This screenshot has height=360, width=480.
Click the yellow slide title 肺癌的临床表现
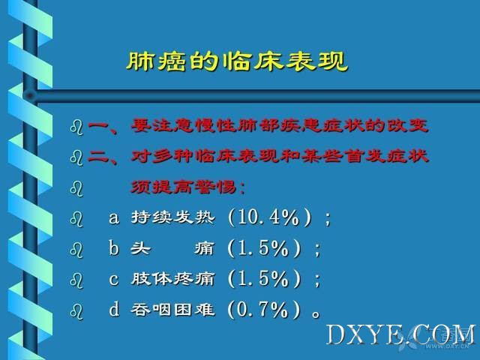click(x=237, y=61)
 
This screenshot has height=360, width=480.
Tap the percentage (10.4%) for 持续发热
click(x=270, y=217)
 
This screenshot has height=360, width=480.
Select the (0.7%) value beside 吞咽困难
click(x=264, y=309)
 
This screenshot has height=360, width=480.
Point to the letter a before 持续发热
click(x=114, y=218)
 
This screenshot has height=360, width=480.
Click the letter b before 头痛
click(x=113, y=247)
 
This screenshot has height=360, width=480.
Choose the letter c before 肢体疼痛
click(x=113, y=280)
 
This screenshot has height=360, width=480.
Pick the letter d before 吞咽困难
click(x=114, y=308)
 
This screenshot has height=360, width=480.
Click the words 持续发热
click(x=173, y=217)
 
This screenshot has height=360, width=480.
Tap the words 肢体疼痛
click(x=172, y=279)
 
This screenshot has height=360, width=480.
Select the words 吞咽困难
click(x=172, y=309)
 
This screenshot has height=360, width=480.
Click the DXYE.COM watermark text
click(x=401, y=335)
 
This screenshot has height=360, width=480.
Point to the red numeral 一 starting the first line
click(x=98, y=126)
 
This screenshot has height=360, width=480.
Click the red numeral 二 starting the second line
click(x=98, y=157)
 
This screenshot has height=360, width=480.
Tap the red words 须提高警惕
click(x=183, y=187)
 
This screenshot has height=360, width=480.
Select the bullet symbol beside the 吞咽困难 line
click(x=76, y=311)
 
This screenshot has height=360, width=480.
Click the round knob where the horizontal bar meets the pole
click(x=30, y=95)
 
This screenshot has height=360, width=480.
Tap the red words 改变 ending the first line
click(x=407, y=125)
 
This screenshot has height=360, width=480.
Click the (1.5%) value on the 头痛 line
click(x=264, y=247)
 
